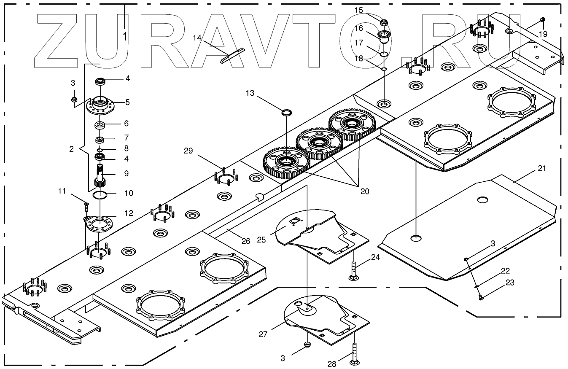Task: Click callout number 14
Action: (x=197, y=38)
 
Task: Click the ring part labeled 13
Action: (x=287, y=112)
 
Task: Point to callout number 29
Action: (x=188, y=151)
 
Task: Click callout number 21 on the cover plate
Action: (x=542, y=168)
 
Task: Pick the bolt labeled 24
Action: (x=353, y=271)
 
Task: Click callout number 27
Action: (x=264, y=334)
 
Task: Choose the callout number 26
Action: (x=245, y=241)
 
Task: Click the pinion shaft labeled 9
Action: (x=100, y=175)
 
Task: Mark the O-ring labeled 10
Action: (x=100, y=195)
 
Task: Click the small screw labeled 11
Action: (x=86, y=206)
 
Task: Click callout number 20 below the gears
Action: (x=365, y=191)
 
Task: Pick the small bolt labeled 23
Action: (x=481, y=298)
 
